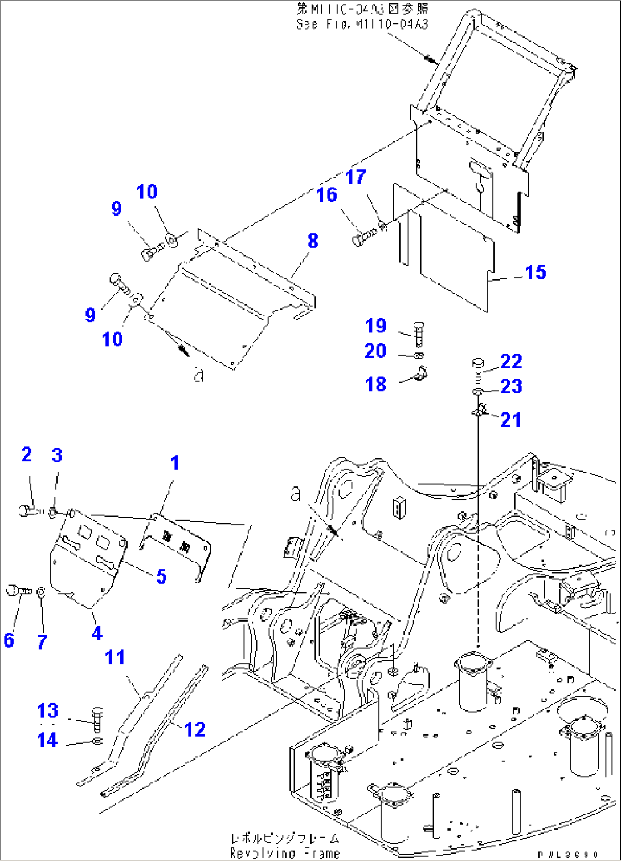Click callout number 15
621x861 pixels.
(x=535, y=273)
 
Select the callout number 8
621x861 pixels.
(x=313, y=241)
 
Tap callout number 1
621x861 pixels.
(x=175, y=463)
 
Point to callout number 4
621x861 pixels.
(x=97, y=633)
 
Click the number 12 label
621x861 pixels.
(x=194, y=729)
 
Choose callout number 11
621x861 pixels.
(x=115, y=657)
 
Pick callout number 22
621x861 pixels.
(x=511, y=361)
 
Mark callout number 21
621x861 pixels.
(x=510, y=420)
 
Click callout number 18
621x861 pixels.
(x=375, y=384)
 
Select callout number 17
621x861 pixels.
(x=356, y=177)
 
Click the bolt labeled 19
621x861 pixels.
(x=419, y=332)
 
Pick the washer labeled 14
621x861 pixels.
(x=97, y=741)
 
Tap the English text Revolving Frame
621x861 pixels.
(x=284, y=853)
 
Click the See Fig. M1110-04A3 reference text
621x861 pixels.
(x=362, y=25)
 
